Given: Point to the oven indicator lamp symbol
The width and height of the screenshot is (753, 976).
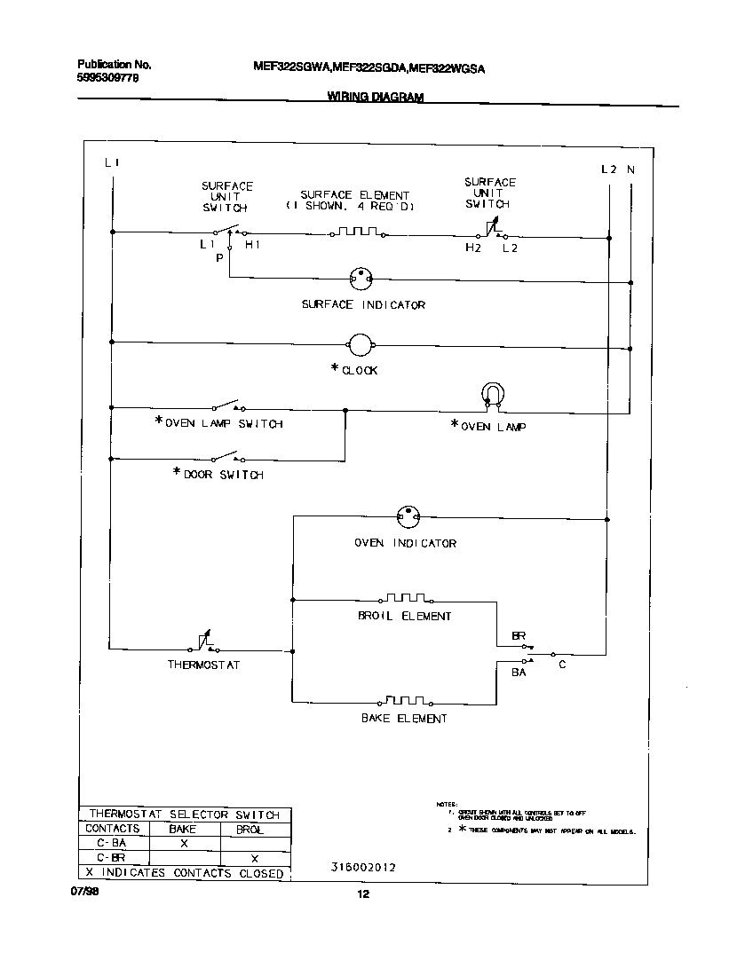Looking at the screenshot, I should [x=407, y=516].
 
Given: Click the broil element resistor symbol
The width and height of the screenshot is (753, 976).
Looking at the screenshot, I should [x=405, y=598].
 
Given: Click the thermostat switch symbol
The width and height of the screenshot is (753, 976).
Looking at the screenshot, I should [x=203, y=642].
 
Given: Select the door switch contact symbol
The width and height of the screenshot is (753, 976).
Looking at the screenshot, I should [x=228, y=458].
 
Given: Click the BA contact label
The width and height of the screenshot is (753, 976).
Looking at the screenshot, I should [x=519, y=673].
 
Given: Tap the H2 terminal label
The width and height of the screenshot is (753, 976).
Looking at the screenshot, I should [x=473, y=248].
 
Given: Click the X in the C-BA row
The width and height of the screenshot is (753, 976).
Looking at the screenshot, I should [x=184, y=844].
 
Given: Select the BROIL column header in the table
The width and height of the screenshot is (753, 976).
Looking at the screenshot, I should [x=250, y=830].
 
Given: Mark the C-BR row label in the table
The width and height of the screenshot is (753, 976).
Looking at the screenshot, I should [x=111, y=858].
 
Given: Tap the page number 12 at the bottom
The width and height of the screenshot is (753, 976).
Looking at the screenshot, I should [x=362, y=894].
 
